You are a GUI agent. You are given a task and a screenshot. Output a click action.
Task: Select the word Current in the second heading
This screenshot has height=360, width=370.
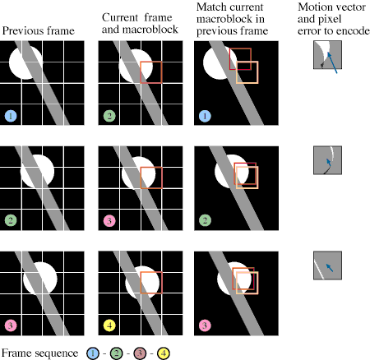coord(120,17)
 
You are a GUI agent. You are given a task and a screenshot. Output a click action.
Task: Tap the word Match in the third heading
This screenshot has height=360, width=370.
coord(211,7)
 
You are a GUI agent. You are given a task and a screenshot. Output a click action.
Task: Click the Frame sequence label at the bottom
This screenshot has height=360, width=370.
coord(39,353)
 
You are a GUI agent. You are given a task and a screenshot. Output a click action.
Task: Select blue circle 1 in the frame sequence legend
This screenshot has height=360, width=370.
coord(93,353)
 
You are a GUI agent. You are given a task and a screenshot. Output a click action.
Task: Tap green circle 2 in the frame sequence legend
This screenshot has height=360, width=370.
coord(117,353)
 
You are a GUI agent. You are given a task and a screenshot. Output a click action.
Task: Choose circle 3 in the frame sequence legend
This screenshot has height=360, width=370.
coord(140,353)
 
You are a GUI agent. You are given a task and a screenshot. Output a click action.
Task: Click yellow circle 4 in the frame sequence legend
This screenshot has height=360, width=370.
coord(164,353)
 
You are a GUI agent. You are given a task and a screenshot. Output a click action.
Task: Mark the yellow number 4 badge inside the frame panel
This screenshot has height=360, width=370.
coord(109,325)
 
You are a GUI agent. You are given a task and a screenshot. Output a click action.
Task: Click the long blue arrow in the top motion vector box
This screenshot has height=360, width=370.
coord(332,63)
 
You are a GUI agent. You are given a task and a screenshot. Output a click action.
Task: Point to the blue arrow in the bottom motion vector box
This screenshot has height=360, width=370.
coord(330,268)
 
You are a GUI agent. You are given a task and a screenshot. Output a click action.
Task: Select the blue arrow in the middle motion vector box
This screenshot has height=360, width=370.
coord(328,162)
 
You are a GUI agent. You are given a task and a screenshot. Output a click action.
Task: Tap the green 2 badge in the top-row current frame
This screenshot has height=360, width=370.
coord(109,116)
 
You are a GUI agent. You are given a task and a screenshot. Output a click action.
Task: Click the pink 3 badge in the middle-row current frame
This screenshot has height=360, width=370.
coord(109,221)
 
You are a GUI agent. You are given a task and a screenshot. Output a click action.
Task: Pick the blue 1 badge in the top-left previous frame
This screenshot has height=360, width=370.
coord(11,116)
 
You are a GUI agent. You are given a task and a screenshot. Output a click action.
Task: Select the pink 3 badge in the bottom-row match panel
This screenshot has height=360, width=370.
coord(205,325)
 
